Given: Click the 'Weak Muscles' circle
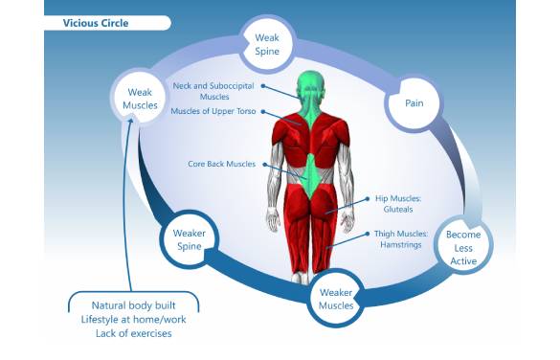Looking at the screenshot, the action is (x=140, y=98).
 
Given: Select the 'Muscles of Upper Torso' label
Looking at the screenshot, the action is (x=213, y=111).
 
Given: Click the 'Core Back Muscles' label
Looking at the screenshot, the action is (x=222, y=164).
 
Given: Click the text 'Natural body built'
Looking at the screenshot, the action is (x=134, y=304).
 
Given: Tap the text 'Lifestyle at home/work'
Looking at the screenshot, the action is (x=134, y=319).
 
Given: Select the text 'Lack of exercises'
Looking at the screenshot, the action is (x=134, y=333).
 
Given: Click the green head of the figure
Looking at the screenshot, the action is (x=308, y=85).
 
